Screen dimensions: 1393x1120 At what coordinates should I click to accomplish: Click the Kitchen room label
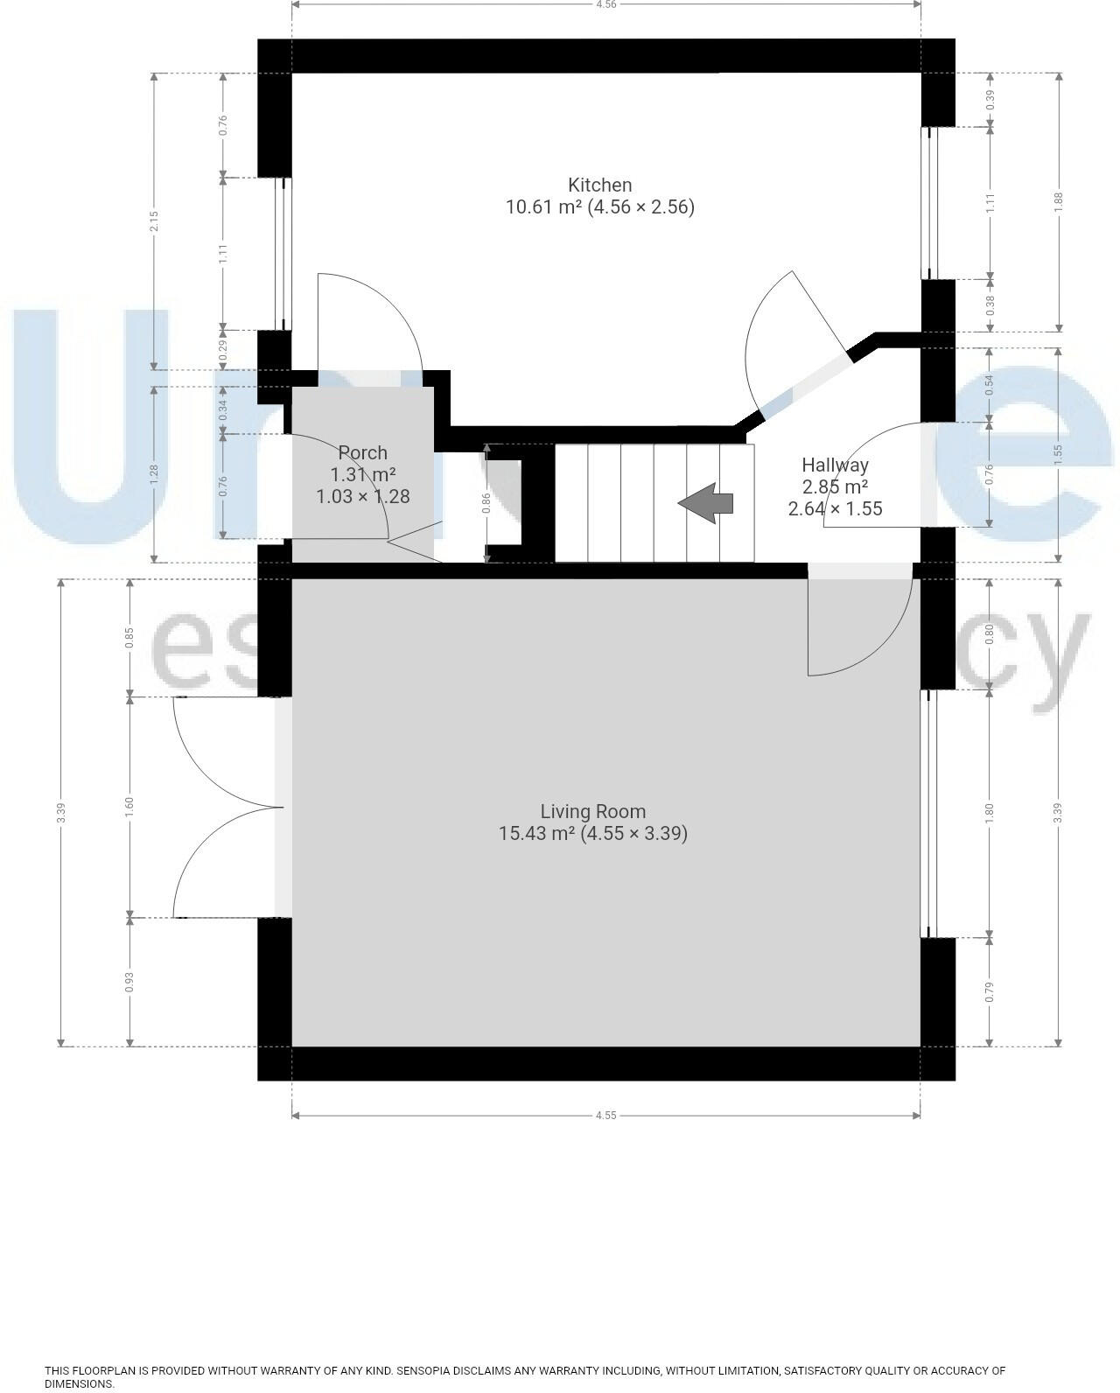599,185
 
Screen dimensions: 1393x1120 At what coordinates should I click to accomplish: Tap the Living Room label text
592,811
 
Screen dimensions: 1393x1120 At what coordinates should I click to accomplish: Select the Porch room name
362,452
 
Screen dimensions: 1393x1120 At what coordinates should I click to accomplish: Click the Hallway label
835,465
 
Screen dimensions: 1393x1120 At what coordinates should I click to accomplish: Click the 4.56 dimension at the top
605,4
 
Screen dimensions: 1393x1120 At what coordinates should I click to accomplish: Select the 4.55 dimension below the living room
605,1116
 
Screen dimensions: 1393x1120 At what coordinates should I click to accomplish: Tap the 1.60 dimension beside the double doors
129,807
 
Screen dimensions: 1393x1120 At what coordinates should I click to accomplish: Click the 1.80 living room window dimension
990,813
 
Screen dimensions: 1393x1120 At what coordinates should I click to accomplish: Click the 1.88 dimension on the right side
1059,201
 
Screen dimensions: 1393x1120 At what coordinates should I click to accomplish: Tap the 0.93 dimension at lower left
129,982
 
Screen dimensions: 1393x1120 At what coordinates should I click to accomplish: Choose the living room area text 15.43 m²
536,834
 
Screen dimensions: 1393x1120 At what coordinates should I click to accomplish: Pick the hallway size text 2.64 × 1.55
835,508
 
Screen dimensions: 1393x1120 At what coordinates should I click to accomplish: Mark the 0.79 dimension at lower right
990,991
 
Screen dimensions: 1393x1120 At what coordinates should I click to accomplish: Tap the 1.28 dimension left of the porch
154,473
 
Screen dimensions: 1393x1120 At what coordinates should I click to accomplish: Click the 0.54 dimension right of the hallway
990,384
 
